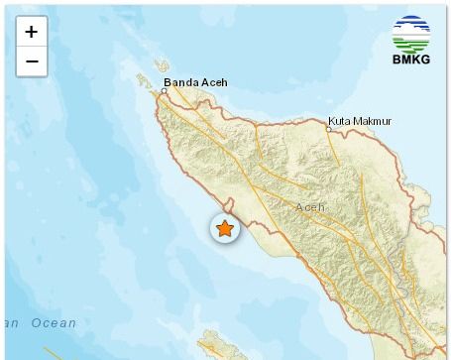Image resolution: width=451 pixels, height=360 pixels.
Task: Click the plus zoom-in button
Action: [32, 32]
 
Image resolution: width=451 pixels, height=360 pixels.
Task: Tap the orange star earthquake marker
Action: [225, 229]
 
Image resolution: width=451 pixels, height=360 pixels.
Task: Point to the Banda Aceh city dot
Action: [165, 91]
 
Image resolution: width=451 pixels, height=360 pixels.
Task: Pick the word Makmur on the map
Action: [375, 121]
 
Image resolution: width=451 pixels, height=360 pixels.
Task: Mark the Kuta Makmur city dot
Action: [328, 129]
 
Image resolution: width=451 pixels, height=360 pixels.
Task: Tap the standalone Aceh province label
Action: [309, 207]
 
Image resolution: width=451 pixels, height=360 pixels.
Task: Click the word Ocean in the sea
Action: [54, 323]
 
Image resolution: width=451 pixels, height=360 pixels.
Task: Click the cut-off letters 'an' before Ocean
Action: [10, 323]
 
